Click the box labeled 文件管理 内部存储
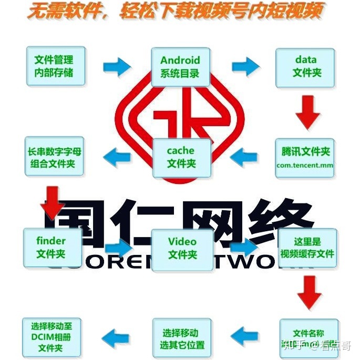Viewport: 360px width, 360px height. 53,65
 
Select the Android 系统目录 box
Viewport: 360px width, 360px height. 180,66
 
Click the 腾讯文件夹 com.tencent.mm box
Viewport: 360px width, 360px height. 305,157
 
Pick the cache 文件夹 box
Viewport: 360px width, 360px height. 181,157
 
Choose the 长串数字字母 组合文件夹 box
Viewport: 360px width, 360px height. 54,157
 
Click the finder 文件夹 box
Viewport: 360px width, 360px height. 51,248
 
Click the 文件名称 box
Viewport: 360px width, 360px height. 308,337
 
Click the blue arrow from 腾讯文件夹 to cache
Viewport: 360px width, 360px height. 244,156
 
